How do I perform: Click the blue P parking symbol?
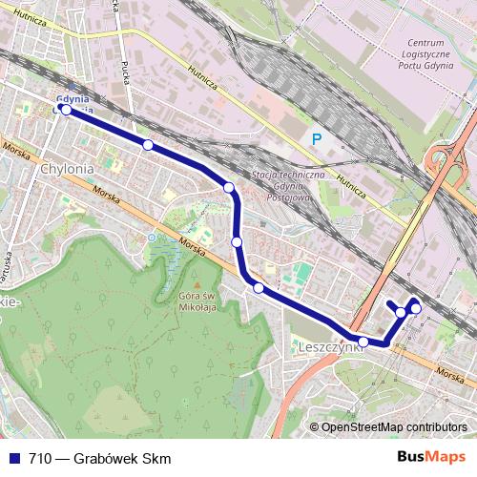pyautogui.click(x=317, y=139)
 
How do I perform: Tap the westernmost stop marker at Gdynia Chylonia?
pyautogui.click(x=66, y=110)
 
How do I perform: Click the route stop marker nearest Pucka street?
pyautogui.click(x=148, y=145)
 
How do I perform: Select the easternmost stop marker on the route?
pyautogui.click(x=416, y=308)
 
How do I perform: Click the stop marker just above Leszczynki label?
pyautogui.click(x=363, y=342)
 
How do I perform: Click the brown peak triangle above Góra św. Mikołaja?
pyautogui.click(x=197, y=284)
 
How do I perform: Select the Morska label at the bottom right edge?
pyautogui.click(x=454, y=373)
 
